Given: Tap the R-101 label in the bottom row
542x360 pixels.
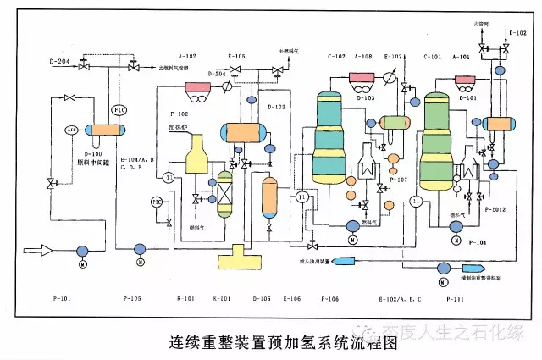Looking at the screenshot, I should [185, 299].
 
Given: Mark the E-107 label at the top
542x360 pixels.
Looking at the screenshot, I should [394, 57].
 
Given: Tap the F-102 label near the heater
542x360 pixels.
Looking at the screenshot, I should [179, 114].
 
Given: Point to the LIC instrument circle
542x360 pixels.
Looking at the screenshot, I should [73, 130].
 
